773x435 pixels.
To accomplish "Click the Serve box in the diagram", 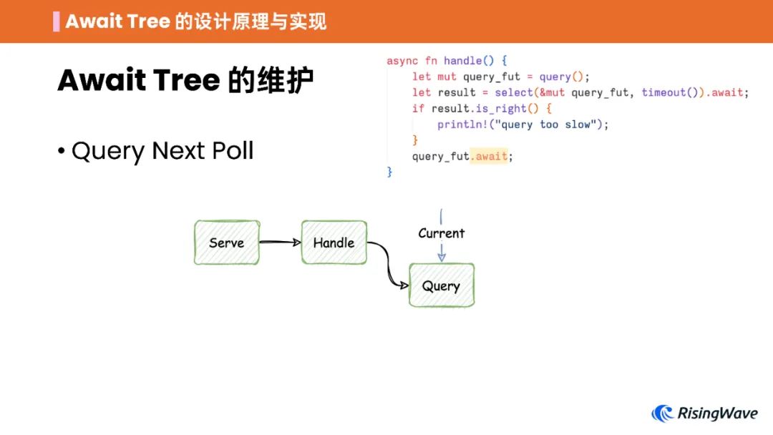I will click(226, 243).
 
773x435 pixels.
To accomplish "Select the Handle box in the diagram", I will click(334, 243).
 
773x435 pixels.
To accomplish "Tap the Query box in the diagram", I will click(441, 285).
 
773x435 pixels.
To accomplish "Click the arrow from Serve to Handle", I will click(280, 243).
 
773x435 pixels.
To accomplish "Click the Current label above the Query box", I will click(441, 233).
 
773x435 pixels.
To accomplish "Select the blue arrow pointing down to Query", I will click(442, 252).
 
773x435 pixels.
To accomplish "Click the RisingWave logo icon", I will click(663, 414).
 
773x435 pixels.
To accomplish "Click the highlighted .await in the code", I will click(490, 156).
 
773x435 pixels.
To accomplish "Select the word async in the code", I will click(402, 61).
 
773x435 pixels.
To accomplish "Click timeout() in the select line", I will click(667, 93).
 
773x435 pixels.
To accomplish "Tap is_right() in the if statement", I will click(501, 109).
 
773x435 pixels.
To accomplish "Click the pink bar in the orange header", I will click(57, 21).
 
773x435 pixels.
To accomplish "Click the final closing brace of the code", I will click(390, 172).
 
